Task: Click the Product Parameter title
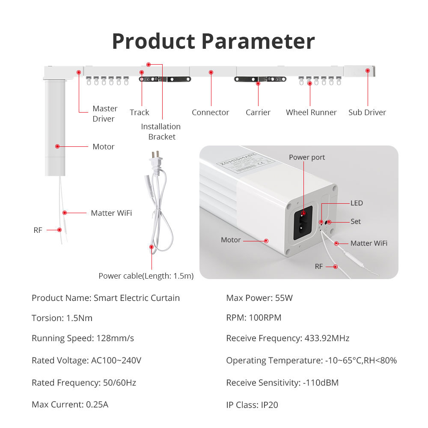213,42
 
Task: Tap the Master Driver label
104,114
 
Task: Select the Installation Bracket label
161,131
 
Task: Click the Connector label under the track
210,113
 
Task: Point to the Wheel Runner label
311,113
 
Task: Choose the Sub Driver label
367,113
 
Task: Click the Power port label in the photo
306,158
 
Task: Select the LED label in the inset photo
357,203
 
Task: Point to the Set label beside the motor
355,221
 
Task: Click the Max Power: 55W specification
259,298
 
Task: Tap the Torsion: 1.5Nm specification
62,318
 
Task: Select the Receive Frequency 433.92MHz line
288,338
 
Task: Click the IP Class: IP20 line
252,404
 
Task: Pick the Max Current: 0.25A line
70,404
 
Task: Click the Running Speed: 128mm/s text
83,338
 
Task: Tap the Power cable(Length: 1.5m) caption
146,276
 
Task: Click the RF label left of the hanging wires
38,230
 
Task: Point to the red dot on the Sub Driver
367,70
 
